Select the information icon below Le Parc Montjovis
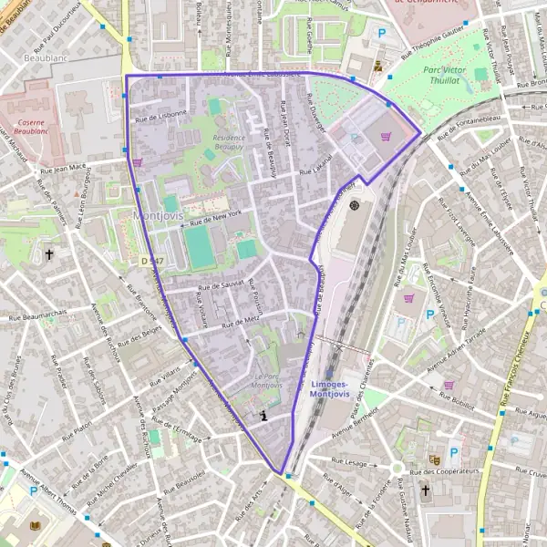[x=263, y=416]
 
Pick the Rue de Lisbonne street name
[x=161, y=116]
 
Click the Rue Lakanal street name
[x=315, y=165]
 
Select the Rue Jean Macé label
[x=62, y=168]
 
